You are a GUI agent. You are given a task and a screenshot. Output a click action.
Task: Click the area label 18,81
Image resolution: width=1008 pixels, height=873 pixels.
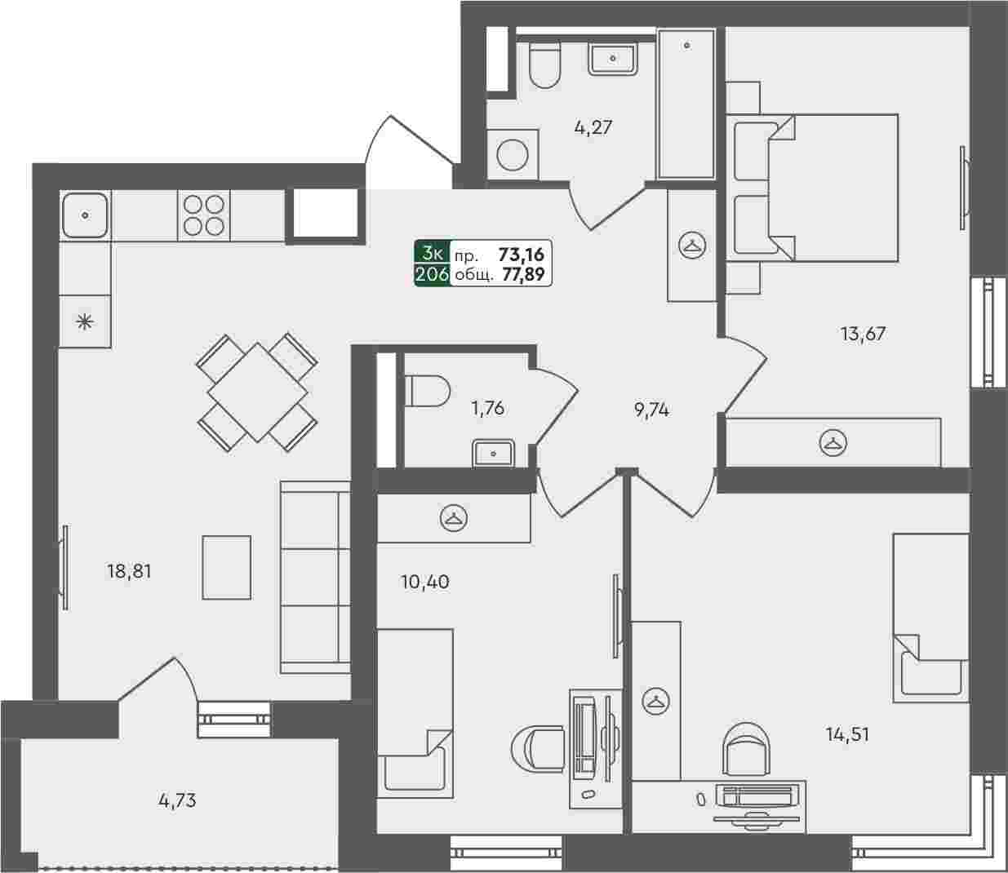click(129, 571)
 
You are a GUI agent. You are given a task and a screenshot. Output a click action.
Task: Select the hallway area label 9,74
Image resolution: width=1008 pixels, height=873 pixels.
click(651, 410)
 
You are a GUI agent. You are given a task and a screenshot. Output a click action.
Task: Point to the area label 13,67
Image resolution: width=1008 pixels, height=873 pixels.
click(864, 334)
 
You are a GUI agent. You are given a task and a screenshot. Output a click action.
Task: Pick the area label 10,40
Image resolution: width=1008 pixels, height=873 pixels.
click(425, 582)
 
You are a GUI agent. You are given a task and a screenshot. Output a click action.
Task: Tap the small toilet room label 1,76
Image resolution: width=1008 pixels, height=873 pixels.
click(487, 409)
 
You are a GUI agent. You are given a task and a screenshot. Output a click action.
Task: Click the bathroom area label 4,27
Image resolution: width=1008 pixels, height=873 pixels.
click(593, 128)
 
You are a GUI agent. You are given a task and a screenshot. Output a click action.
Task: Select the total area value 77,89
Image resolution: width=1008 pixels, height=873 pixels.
click(523, 275)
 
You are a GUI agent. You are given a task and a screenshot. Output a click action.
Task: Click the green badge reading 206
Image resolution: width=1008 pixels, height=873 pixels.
click(432, 275)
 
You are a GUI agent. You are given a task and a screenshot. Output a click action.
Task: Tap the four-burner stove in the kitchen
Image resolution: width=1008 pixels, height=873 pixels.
click(204, 215)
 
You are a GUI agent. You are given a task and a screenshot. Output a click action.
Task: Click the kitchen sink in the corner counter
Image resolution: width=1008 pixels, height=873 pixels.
click(86, 215)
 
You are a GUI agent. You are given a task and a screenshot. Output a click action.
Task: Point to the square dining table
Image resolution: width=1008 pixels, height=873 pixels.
click(257, 392)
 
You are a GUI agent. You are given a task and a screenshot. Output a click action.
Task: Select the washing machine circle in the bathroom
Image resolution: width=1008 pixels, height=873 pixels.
click(513, 155)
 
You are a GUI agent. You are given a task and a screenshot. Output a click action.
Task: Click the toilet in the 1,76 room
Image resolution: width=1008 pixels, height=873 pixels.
click(427, 391)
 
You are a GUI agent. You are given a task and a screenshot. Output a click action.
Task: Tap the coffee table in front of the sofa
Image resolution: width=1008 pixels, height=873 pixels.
click(227, 568)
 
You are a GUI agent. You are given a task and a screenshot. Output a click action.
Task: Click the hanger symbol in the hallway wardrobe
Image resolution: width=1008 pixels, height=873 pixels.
click(692, 246)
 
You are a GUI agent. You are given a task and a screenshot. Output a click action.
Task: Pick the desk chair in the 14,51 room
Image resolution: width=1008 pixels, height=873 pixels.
click(747, 749)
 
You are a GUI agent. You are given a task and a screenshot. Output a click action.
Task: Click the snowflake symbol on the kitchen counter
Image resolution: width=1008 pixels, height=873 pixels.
click(85, 321)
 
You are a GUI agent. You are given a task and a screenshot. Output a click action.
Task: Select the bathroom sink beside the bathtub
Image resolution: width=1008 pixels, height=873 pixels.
click(613, 59)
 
